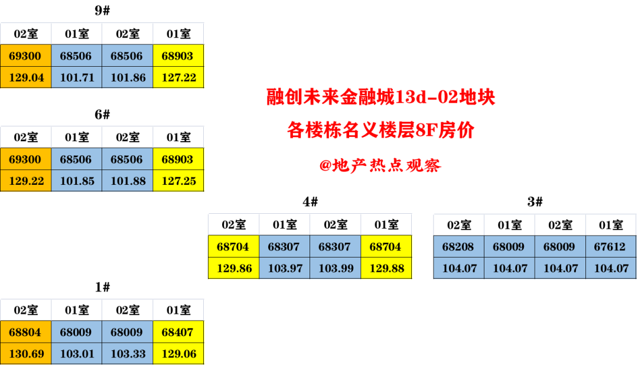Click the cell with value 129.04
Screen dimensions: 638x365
(x=26, y=77)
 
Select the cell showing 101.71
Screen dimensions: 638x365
(x=77, y=77)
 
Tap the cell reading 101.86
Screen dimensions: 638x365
(x=128, y=77)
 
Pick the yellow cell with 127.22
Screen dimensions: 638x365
(x=178, y=77)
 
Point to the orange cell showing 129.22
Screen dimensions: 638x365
(x=26, y=181)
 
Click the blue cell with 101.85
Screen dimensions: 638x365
(x=77, y=181)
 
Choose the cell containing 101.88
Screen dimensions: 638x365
(x=128, y=181)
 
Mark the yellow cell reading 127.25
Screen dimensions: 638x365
(x=178, y=181)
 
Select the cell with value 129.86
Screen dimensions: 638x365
(x=234, y=268)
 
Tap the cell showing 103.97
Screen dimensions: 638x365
(x=285, y=268)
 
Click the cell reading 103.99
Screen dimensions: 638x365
(x=336, y=268)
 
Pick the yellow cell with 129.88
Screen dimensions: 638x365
(x=386, y=268)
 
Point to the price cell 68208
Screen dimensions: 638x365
(x=458, y=247)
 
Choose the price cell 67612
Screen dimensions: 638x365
(x=611, y=247)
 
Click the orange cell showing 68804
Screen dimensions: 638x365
(x=26, y=333)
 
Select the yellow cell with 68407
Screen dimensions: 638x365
(x=178, y=333)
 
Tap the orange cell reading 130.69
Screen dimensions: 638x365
(x=26, y=354)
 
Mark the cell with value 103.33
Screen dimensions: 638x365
(x=128, y=354)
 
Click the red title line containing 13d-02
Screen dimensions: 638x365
(x=380, y=97)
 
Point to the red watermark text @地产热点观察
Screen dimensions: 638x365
(x=380, y=166)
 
